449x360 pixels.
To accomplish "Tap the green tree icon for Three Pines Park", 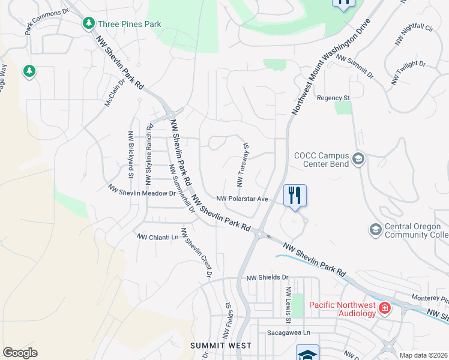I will coord(89,23).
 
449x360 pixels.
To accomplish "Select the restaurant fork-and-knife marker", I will coord(295,195).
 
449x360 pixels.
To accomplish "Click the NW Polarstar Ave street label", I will coord(242,199).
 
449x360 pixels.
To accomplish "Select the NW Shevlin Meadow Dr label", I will coord(142,190).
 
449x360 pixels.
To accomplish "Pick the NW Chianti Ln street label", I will coord(158,237).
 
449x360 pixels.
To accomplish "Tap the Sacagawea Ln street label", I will coord(291,332).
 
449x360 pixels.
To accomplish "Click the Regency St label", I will coord(333,97).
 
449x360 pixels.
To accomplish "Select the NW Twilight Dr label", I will coord(408,71).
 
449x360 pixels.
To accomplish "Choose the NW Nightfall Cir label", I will coord(414,35).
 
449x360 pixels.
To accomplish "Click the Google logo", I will coord(20,353).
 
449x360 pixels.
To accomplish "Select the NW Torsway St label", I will coord(243,164).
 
